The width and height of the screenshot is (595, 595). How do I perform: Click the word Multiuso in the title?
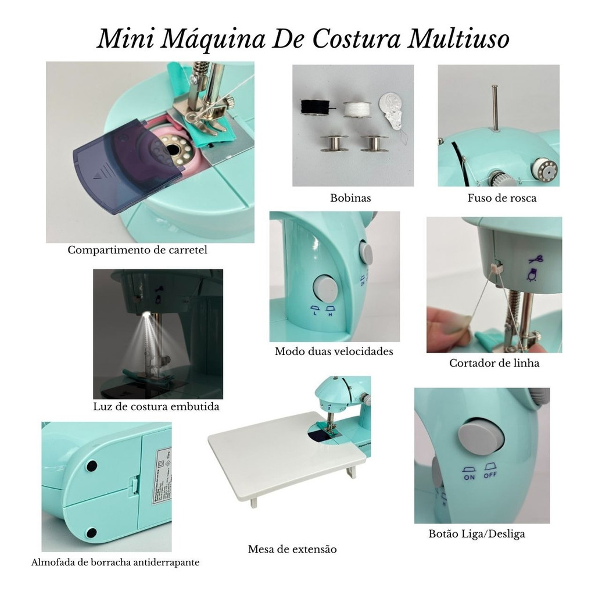(458, 39)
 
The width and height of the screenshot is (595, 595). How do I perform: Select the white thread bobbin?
(356, 109)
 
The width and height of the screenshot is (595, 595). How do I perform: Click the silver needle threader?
(393, 113)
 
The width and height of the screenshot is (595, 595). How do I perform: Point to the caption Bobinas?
(350, 198)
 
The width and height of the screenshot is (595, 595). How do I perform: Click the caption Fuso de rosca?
(501, 198)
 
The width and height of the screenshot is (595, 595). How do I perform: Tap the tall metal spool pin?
(494, 108)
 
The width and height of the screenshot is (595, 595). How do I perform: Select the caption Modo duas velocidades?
(334, 351)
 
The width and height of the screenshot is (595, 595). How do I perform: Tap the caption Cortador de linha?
(494, 363)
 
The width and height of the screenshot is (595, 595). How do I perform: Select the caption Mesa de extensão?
(292, 549)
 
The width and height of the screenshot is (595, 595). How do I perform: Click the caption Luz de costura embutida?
(156, 407)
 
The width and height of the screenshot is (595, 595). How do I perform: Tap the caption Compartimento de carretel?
(137, 250)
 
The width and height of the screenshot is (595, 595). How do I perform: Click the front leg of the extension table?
(253, 502)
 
